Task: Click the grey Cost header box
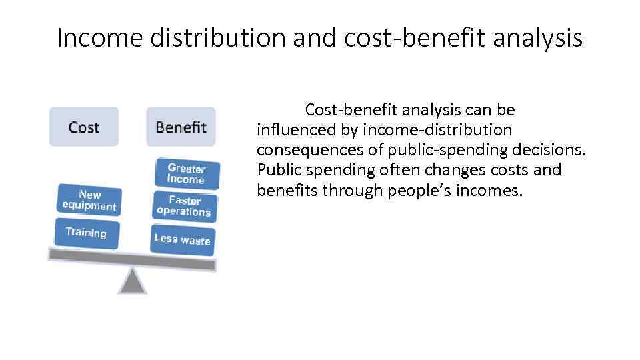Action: click(83, 127)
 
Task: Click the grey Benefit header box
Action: click(181, 127)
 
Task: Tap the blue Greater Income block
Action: click(186, 173)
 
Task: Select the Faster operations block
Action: click(184, 206)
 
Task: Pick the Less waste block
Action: click(182, 239)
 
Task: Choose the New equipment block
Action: click(89, 200)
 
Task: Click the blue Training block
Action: click(86, 233)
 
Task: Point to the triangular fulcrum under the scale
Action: click(132, 281)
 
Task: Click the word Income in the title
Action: click(100, 38)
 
